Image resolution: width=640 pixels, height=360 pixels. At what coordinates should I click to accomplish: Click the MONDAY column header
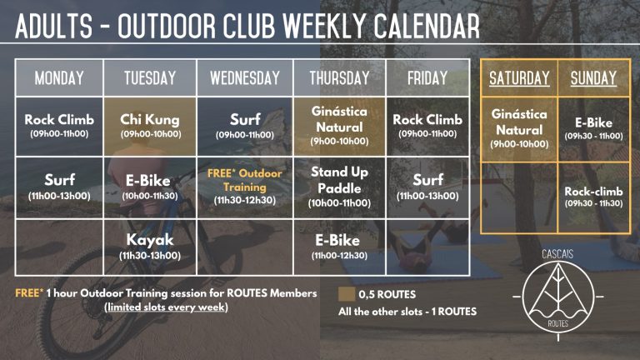pyautogui.click(x=59, y=78)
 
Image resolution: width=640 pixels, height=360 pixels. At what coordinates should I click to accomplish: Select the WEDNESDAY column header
pyautogui.click(x=245, y=78)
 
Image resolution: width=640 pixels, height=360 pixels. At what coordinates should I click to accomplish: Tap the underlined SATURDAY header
pyautogui.click(x=519, y=78)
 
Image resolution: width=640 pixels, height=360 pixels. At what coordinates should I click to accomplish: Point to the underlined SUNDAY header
pyautogui.click(x=593, y=78)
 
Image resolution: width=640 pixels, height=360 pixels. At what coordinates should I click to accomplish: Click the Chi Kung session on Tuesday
pyautogui.click(x=150, y=126)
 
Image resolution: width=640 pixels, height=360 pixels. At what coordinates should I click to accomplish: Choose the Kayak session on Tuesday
pyautogui.click(x=150, y=246)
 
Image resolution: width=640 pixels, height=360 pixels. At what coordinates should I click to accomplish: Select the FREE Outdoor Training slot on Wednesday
pyautogui.click(x=245, y=186)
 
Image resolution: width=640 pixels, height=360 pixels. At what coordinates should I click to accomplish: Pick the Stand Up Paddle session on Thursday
pyautogui.click(x=340, y=187)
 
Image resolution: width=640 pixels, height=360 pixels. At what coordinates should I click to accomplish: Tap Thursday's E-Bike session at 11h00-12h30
pyautogui.click(x=340, y=246)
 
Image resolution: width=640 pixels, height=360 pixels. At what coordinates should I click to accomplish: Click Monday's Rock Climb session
pyautogui.click(x=59, y=125)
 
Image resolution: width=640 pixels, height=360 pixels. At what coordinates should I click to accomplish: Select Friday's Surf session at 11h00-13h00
pyautogui.click(x=427, y=186)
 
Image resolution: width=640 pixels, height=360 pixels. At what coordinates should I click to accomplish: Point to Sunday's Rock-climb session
pyautogui.click(x=594, y=197)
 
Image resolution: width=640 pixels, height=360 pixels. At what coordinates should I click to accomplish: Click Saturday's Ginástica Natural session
pyautogui.click(x=519, y=128)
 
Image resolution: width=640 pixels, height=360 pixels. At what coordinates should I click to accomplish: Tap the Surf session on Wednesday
pyautogui.click(x=245, y=125)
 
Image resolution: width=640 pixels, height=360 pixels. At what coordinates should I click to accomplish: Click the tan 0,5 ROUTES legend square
pyautogui.click(x=346, y=294)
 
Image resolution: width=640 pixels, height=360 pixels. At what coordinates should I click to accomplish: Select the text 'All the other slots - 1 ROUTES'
pyautogui.click(x=407, y=312)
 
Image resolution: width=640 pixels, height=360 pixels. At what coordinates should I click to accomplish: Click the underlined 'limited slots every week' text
pyautogui.click(x=166, y=307)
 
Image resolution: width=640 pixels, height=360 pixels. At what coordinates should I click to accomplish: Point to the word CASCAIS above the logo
pyautogui.click(x=557, y=254)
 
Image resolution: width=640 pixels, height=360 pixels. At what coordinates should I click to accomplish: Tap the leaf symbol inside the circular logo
pyautogui.click(x=558, y=293)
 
